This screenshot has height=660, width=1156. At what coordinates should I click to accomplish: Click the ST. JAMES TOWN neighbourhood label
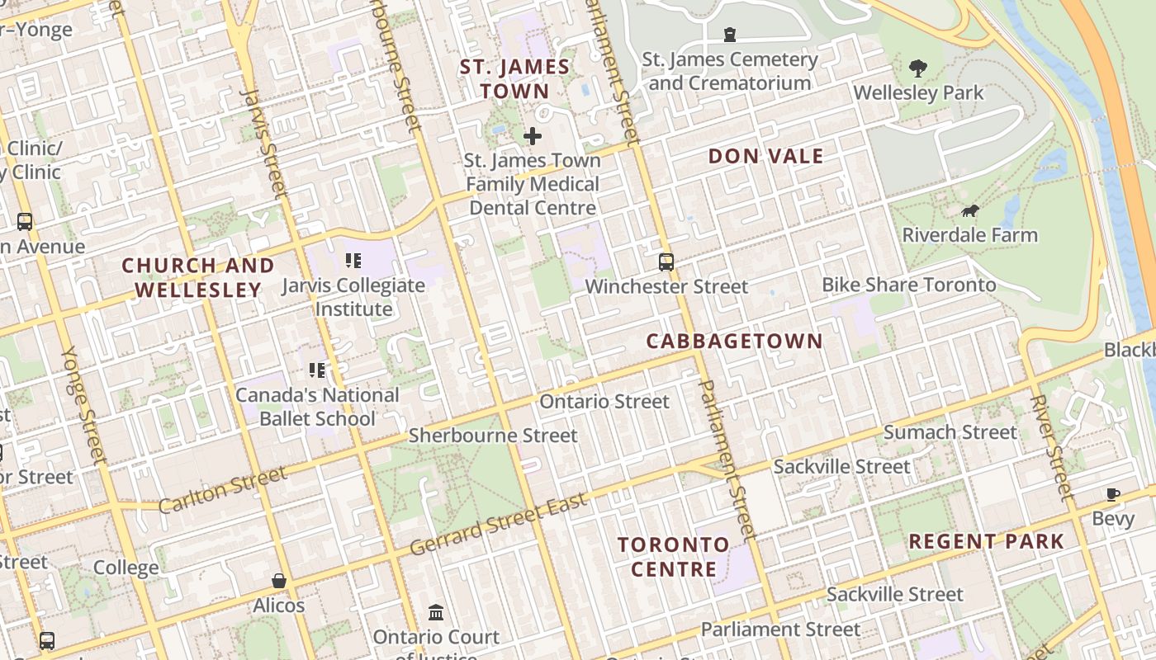click(515, 79)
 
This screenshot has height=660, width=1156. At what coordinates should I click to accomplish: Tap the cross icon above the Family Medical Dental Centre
click(533, 136)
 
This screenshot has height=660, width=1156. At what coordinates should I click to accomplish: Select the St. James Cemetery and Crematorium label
click(730, 71)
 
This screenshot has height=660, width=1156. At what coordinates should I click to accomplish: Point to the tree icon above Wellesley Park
click(917, 68)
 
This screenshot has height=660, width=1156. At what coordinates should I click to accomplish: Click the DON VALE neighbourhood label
click(766, 157)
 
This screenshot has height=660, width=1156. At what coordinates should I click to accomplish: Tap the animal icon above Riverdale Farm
click(970, 211)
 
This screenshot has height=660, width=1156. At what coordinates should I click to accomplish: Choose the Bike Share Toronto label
click(909, 285)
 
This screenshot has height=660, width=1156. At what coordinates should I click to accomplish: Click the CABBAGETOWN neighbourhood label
click(734, 342)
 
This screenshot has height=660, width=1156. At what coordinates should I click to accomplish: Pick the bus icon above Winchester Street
click(666, 262)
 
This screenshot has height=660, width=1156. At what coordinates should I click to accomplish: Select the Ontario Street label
click(604, 402)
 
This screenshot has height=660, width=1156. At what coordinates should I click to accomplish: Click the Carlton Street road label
click(222, 488)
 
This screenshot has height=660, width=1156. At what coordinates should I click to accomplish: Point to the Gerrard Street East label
click(499, 523)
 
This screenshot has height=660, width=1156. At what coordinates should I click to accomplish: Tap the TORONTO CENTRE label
click(674, 557)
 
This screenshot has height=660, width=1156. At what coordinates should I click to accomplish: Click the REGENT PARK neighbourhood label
click(987, 542)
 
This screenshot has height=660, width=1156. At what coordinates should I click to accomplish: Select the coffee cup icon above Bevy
click(1113, 495)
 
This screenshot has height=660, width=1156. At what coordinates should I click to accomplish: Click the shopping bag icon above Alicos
click(279, 582)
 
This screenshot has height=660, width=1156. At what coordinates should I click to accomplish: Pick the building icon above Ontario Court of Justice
click(436, 613)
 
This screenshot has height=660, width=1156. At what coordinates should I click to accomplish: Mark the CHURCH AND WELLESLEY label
click(198, 278)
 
